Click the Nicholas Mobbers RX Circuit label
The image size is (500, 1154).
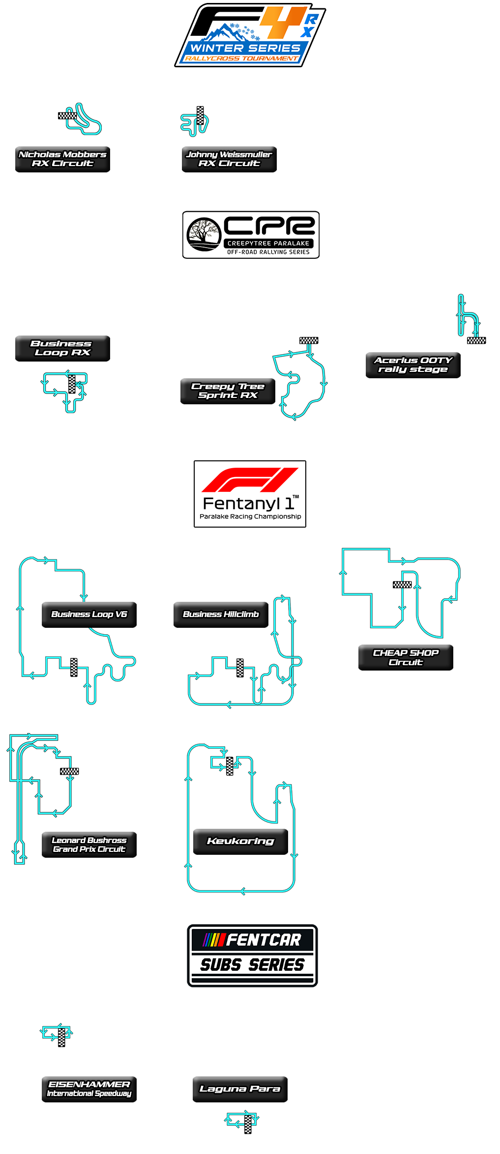pyautogui.click(x=62, y=159)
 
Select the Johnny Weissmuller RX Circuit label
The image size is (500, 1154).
pyautogui.click(x=229, y=159)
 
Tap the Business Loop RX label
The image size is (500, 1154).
pyautogui.click(x=62, y=348)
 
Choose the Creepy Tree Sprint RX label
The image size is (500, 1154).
pyautogui.click(x=227, y=391)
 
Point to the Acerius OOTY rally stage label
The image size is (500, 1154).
pyautogui.click(x=413, y=365)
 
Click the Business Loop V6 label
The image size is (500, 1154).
pyautogui.click(x=89, y=614)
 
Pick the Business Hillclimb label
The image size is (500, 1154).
pyautogui.click(x=221, y=614)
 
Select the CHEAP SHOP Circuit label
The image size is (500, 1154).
pyautogui.click(x=406, y=657)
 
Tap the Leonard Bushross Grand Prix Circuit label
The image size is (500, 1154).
pyautogui.click(x=89, y=844)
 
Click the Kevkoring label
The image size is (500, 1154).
pyautogui.click(x=240, y=841)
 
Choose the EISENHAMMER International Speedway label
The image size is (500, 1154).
pyautogui.click(x=89, y=1089)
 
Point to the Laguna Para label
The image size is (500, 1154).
pyautogui.click(x=240, y=1089)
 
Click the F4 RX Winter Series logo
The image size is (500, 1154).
pyautogui.click(x=249, y=35)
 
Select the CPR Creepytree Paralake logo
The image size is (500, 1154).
pyautogui.click(x=251, y=235)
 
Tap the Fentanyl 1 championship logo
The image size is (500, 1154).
pyautogui.click(x=250, y=494)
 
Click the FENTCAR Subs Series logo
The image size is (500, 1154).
pyautogui.click(x=252, y=956)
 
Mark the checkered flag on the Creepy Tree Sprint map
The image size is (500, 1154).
pyautogui.click(x=309, y=340)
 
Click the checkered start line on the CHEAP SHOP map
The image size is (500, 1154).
pyautogui.click(x=402, y=585)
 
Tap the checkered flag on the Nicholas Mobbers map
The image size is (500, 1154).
pyautogui.click(x=67, y=116)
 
